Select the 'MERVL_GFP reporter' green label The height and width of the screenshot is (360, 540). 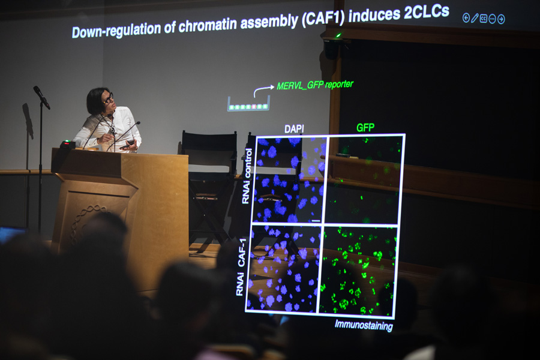click(315, 85)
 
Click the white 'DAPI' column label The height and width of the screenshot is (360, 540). click(294, 129)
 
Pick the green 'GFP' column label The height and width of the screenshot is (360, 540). click(365, 128)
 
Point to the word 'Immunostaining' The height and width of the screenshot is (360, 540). click(364, 325)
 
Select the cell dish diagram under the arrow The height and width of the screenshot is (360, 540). click(248, 104)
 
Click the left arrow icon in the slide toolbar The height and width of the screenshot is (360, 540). click(466, 18)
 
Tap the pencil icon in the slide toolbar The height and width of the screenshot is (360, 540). click(475, 18)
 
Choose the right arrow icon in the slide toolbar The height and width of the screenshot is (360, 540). click(501, 19)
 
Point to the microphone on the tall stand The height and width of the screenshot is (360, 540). click(41, 97)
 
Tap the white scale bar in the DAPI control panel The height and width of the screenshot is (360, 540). click(316, 220)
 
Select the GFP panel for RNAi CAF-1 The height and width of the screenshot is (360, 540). click(358, 271)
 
